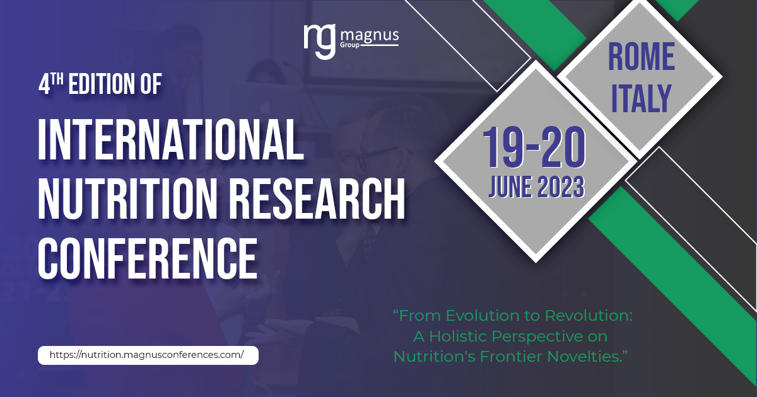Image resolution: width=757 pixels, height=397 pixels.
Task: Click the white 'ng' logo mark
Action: click(x=319, y=40)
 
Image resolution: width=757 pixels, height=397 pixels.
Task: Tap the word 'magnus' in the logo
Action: click(x=370, y=36)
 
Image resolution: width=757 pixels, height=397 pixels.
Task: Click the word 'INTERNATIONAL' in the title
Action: click(x=172, y=139)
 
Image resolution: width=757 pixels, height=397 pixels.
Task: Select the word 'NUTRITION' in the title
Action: click(x=127, y=200)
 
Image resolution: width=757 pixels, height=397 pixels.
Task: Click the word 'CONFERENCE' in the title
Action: click(x=148, y=259)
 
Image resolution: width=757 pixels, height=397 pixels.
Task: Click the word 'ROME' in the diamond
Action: click(x=641, y=57)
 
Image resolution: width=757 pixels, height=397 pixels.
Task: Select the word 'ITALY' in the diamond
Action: click(x=641, y=98)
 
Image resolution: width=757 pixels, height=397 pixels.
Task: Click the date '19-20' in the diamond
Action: click(x=534, y=147)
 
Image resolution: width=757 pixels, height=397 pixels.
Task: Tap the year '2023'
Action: click(x=561, y=187)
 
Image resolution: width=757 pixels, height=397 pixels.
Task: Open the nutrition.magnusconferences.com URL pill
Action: click(x=148, y=355)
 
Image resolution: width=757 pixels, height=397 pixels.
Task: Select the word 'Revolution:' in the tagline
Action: click(x=589, y=316)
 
